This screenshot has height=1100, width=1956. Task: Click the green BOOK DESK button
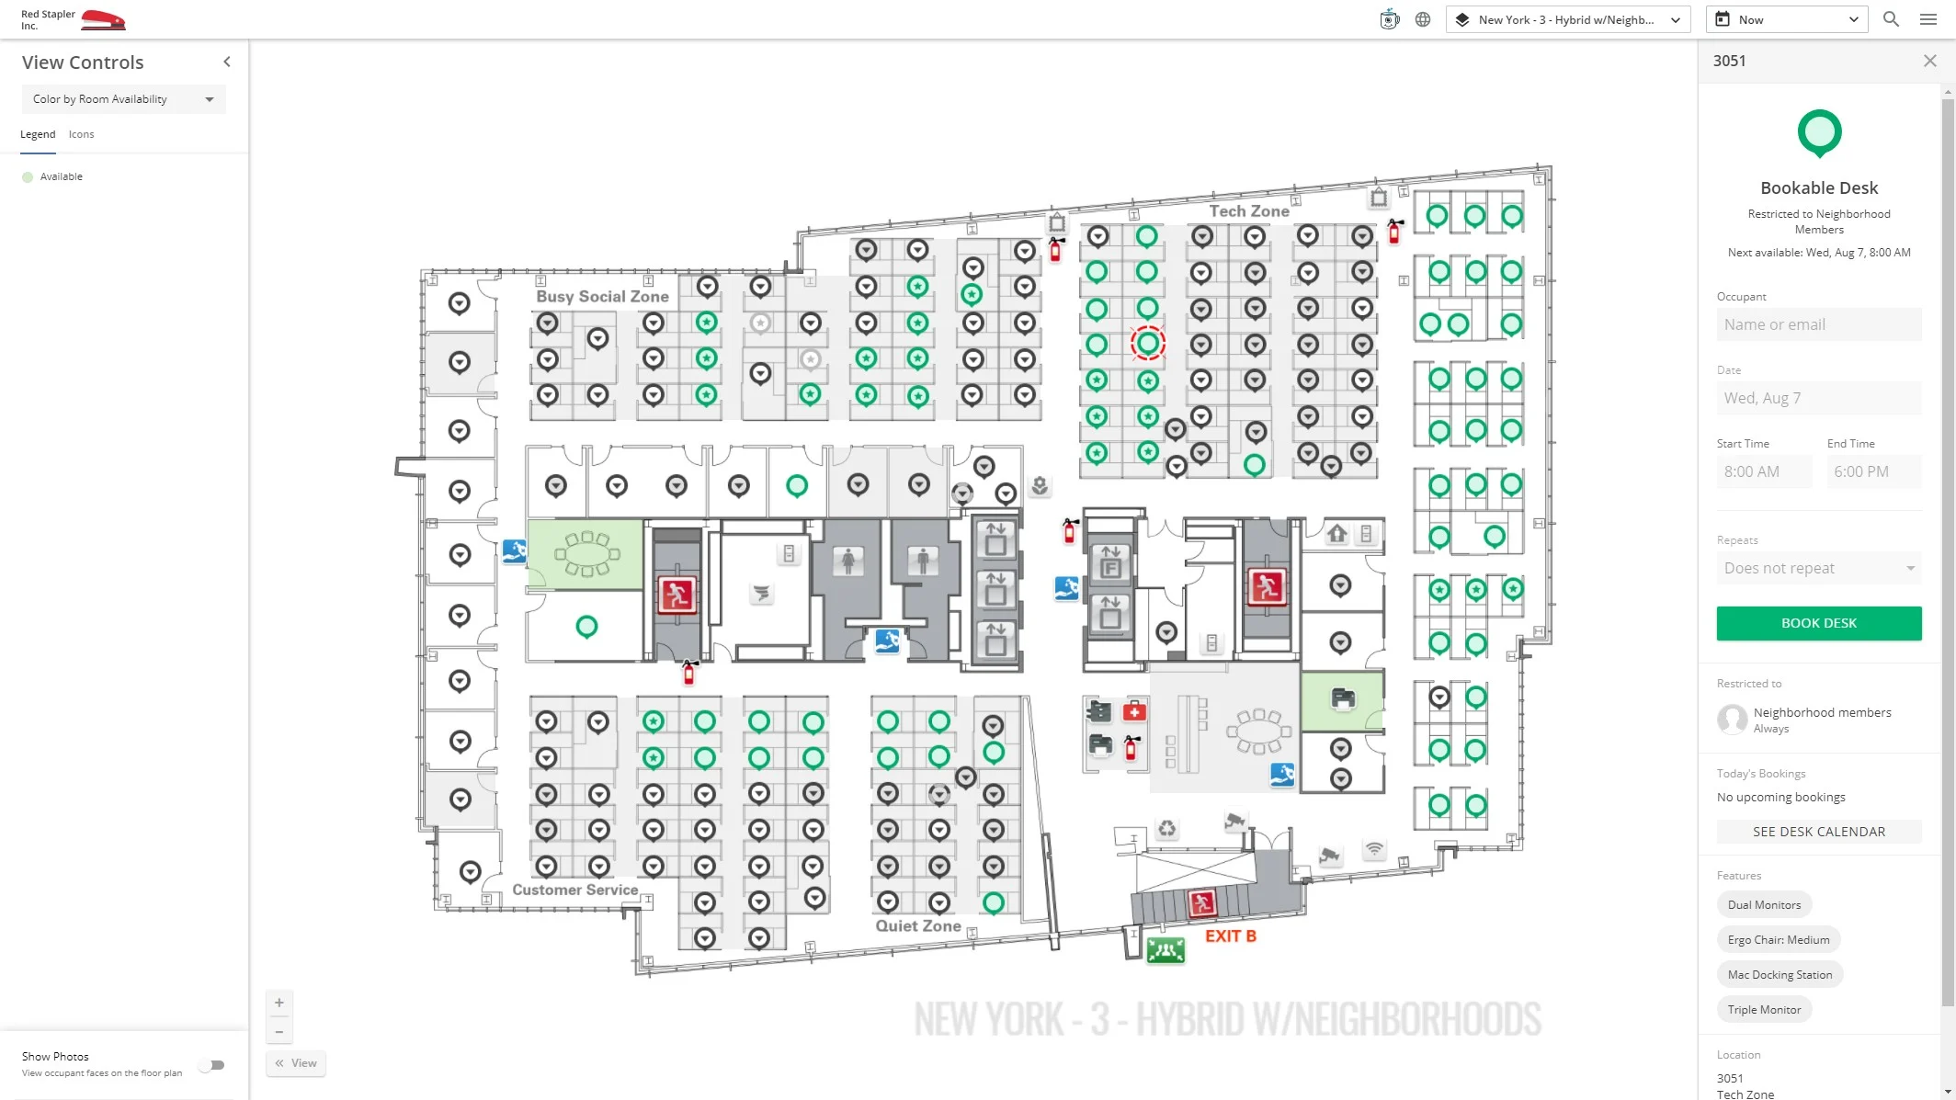click(1818, 623)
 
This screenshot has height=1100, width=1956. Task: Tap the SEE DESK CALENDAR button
click(1818, 832)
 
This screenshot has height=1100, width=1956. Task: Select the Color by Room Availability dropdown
click(123, 99)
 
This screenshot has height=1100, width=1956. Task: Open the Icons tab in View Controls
click(81, 134)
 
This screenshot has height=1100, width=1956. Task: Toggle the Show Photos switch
click(214, 1065)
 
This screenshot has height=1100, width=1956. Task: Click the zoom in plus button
click(279, 1003)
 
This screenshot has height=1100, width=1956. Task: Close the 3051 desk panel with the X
click(1929, 61)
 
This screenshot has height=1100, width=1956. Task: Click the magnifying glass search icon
click(1891, 19)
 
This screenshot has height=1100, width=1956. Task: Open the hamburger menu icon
click(1928, 19)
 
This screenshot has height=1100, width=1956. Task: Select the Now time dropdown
click(1786, 19)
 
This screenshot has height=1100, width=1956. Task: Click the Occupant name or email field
click(1818, 324)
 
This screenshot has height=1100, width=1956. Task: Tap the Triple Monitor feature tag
click(1764, 1009)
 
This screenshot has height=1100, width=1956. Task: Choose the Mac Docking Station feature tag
click(1779, 974)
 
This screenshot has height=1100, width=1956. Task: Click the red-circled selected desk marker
click(1147, 344)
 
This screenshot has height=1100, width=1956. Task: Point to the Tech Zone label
click(1248, 211)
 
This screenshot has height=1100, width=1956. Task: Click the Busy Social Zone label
click(602, 297)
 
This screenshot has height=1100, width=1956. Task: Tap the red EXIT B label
click(1230, 936)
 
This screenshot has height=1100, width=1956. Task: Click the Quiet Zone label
click(917, 925)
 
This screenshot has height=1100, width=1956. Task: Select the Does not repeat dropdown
click(1818, 568)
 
